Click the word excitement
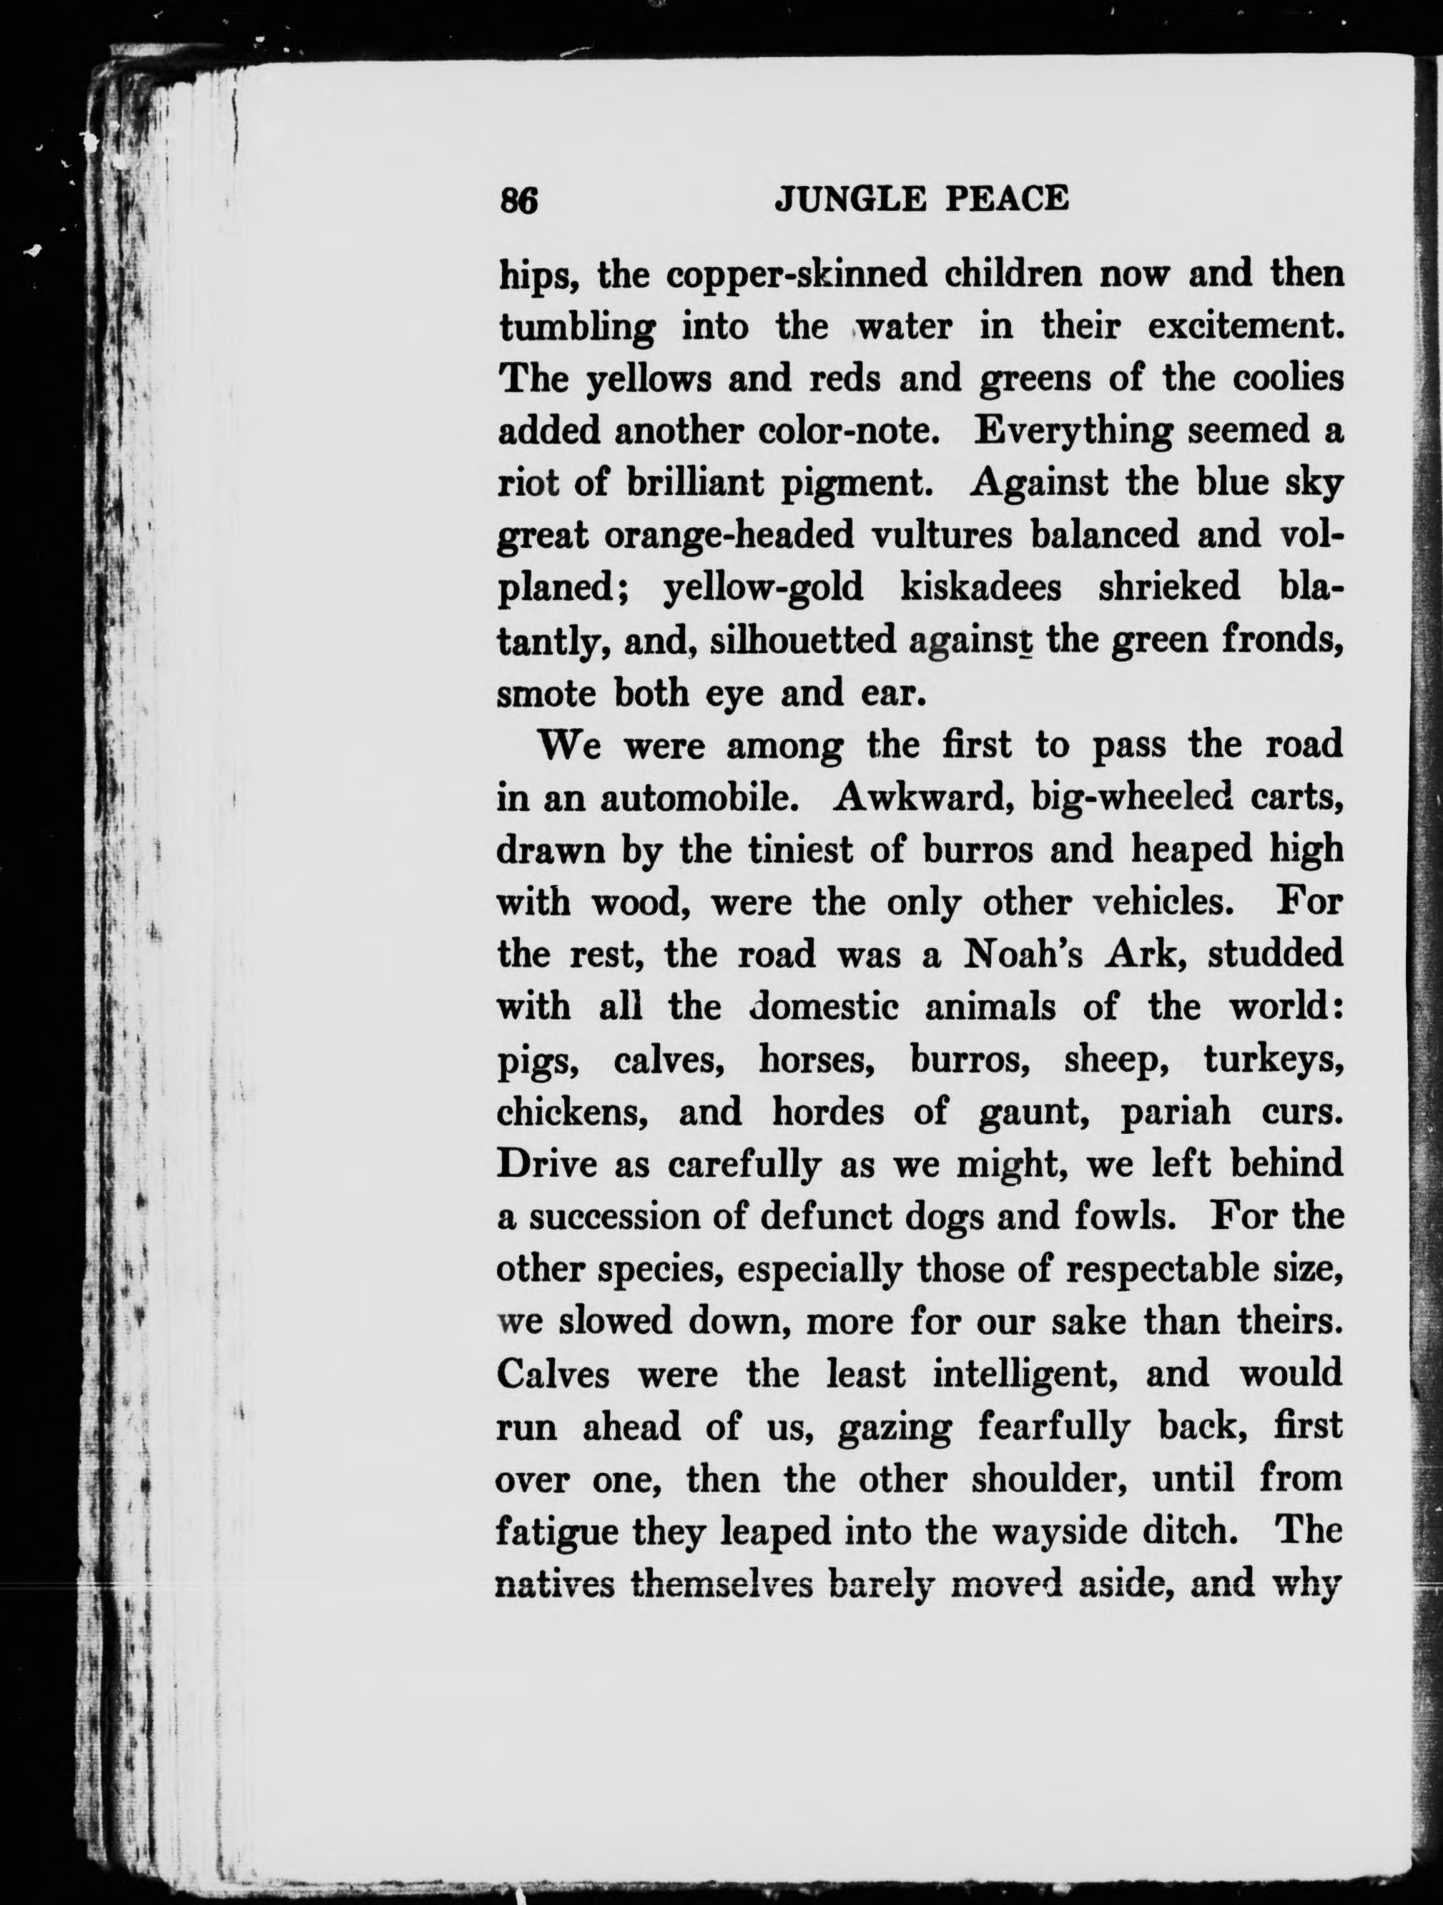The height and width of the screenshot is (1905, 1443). pyautogui.click(x=1245, y=327)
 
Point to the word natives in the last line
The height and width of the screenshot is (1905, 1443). pyautogui.click(x=554, y=1583)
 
